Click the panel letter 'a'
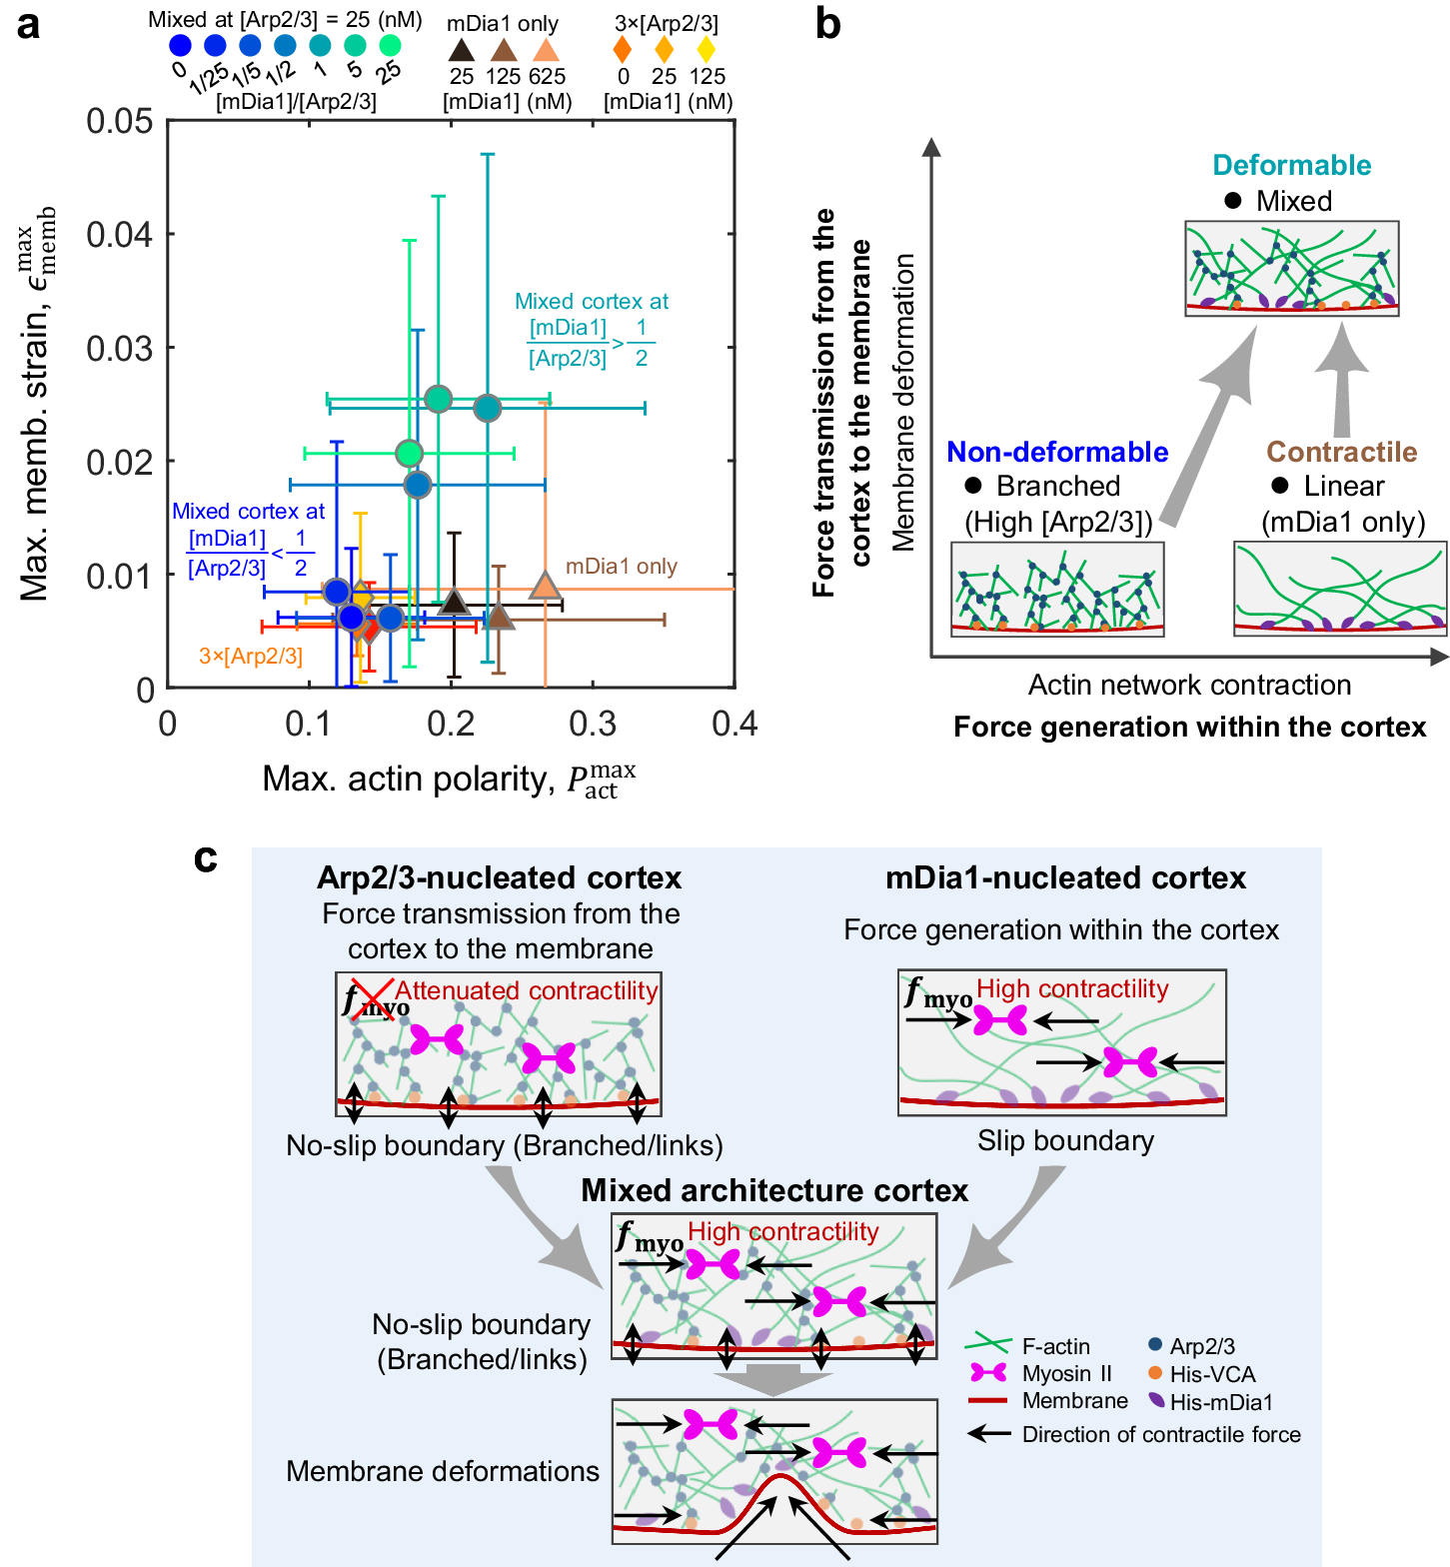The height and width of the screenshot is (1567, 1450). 29,24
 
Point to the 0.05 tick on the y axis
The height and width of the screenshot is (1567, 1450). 120,121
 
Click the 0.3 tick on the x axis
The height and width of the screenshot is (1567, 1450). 593,724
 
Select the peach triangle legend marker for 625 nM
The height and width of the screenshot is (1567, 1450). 546,50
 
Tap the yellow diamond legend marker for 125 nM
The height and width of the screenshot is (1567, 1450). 707,49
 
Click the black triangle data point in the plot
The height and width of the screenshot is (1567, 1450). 455,602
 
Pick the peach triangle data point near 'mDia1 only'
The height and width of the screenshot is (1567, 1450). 545,586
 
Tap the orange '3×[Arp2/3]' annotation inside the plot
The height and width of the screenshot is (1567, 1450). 251,656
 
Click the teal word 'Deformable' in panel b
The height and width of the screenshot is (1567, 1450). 1291,165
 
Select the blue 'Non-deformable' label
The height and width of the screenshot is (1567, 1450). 1057,452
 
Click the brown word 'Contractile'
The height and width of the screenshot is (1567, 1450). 1341,452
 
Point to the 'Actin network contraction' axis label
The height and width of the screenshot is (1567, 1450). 1189,685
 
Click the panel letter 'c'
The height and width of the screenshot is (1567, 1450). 206,857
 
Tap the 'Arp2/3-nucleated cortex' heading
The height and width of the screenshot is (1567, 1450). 499,877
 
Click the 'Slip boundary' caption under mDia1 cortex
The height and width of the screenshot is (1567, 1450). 1065,1140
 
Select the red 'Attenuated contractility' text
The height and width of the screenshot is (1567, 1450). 527,990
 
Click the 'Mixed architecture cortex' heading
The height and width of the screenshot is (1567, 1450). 774,1190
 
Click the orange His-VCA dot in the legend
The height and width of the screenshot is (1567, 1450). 1156,1373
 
